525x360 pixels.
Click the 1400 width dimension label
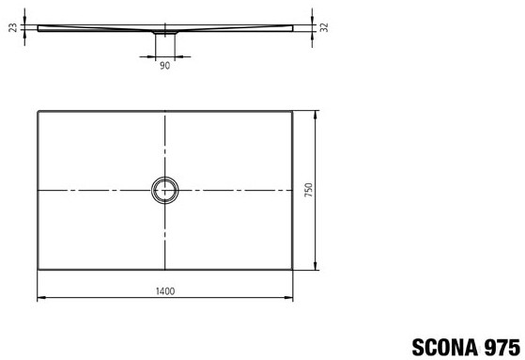165,291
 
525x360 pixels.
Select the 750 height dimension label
309,190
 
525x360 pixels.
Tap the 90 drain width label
164,66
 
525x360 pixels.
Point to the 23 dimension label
13,27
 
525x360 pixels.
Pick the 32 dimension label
324,27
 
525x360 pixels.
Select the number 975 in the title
502,347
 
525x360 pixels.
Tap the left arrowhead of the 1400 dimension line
41,297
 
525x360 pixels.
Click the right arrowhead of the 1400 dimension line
288,297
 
